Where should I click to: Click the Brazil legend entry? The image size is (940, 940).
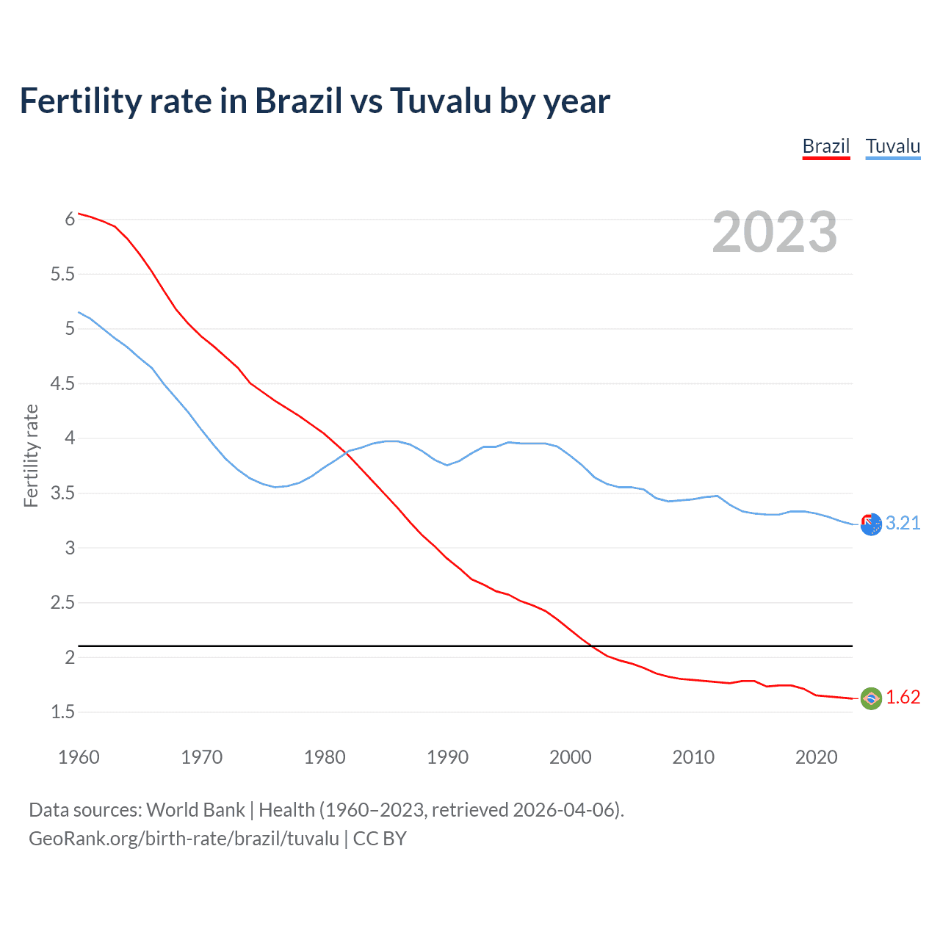825,146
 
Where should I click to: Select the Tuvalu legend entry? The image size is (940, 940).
892,146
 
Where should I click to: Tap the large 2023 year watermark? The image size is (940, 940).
774,232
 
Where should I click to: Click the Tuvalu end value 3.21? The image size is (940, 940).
903,523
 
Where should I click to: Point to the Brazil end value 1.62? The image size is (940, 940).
903,697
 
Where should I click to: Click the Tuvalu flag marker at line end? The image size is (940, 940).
871,524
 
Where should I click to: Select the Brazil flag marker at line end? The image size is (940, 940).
871,698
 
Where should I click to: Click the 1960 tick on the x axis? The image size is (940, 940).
79,757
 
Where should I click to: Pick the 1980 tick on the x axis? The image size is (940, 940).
325,757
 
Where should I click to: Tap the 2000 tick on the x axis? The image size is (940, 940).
570,757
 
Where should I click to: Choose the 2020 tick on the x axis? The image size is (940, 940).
816,757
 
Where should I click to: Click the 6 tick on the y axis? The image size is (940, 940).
70,219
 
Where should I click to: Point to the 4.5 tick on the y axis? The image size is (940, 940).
62,383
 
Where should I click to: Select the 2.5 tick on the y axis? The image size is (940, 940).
62,603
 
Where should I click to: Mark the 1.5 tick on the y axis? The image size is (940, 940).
62,712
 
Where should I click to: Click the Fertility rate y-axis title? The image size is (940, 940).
31,455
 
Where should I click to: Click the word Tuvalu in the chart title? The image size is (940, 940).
440,101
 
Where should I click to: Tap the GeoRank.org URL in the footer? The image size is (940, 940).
184,839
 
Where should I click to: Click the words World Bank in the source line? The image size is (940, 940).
195,810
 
